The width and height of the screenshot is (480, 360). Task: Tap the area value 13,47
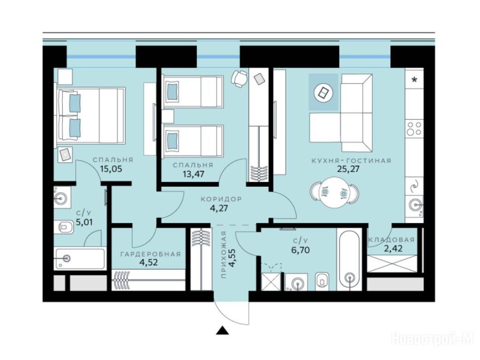point(193,174)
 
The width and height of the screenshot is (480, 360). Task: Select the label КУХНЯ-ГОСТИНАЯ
point(351,160)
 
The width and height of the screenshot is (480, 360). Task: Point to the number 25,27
point(348,168)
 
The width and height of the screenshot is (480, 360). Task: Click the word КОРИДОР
point(221,199)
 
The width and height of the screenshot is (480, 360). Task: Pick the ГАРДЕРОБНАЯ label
point(150,254)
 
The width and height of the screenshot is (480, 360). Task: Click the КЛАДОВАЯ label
point(391,240)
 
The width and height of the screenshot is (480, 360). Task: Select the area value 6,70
point(300,250)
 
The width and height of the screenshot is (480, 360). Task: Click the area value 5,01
point(84,222)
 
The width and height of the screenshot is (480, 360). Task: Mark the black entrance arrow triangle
point(223,330)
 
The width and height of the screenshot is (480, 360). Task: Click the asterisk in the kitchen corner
point(414,80)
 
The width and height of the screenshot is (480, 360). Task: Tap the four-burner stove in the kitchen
point(414,128)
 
